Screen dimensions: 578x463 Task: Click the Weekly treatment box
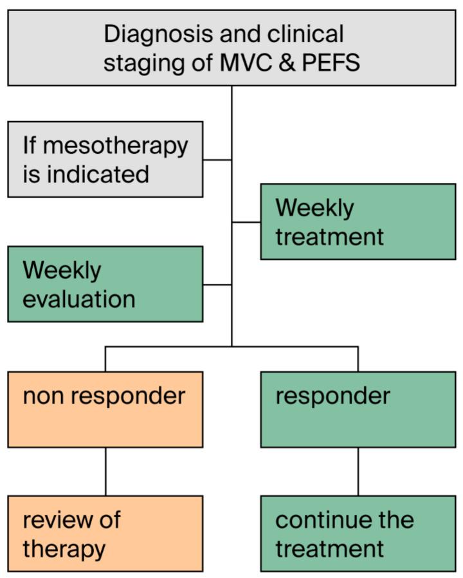pos(358,222)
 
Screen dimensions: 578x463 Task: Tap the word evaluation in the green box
pos(79,299)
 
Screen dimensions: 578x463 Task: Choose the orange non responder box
pos(105,409)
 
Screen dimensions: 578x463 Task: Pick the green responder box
pos(358,409)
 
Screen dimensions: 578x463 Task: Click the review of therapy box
pos(105,534)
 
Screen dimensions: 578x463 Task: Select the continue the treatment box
pos(358,534)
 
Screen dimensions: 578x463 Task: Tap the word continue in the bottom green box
pos(316,520)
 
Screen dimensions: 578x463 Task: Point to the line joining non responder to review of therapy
pos(105,471)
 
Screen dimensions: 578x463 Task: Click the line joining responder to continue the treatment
pos(358,471)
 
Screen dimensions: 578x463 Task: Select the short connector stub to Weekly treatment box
pos(246,222)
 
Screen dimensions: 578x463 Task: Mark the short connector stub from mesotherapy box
pos(217,160)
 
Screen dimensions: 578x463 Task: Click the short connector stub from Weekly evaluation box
pos(217,284)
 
